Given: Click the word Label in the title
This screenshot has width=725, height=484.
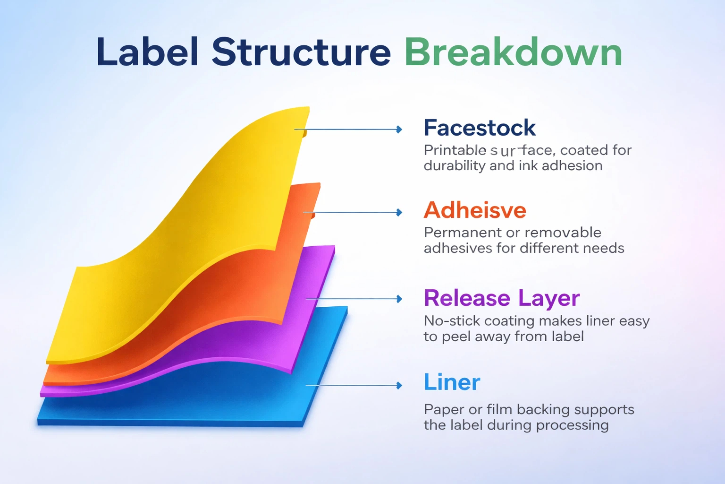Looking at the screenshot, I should point(147,52).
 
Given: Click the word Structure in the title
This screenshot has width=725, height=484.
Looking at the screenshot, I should point(301,52).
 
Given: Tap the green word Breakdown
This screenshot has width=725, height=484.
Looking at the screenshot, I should point(513,52).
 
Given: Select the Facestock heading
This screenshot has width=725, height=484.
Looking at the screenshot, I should point(480,128).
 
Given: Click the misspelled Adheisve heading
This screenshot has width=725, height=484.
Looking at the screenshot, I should point(475,210).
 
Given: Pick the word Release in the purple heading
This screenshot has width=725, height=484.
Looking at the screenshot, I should point(467,298).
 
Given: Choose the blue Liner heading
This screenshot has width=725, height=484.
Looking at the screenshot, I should point(452,382).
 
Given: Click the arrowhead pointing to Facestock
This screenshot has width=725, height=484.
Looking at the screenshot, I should point(399,130).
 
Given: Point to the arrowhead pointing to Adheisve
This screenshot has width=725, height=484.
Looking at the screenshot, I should point(399,213).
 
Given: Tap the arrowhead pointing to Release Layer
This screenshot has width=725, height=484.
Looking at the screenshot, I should point(399,299).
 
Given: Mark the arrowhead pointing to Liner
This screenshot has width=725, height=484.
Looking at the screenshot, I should point(399,386).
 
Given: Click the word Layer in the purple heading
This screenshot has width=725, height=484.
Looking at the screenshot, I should point(548,298).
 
